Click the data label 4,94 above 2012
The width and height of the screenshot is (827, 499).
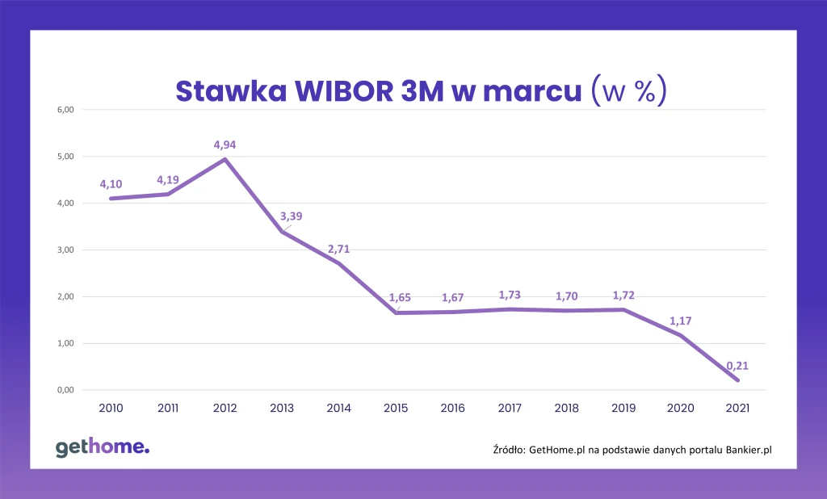pos(225,145)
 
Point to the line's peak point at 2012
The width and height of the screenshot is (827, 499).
pos(225,159)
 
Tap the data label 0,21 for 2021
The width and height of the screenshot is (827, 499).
pos(737,365)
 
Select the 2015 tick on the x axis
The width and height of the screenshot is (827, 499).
pos(396,409)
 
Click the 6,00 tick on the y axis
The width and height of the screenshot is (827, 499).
pos(63,110)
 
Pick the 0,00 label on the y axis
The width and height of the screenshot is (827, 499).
pos(63,391)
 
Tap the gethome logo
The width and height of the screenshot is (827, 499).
pos(103,448)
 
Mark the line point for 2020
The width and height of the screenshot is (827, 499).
pos(680,335)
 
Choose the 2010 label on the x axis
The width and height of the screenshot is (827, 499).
pos(111,409)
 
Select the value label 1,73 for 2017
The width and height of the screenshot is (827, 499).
pos(510,294)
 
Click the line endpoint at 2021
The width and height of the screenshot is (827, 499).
pos(737,380)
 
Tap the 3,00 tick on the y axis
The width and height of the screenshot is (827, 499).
pos(63,250)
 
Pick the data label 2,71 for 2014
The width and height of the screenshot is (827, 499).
pos(338,249)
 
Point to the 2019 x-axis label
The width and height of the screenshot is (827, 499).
pos(623,409)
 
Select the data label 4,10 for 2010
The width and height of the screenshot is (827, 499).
pos(111,184)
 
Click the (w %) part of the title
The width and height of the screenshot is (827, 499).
pos(628,90)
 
